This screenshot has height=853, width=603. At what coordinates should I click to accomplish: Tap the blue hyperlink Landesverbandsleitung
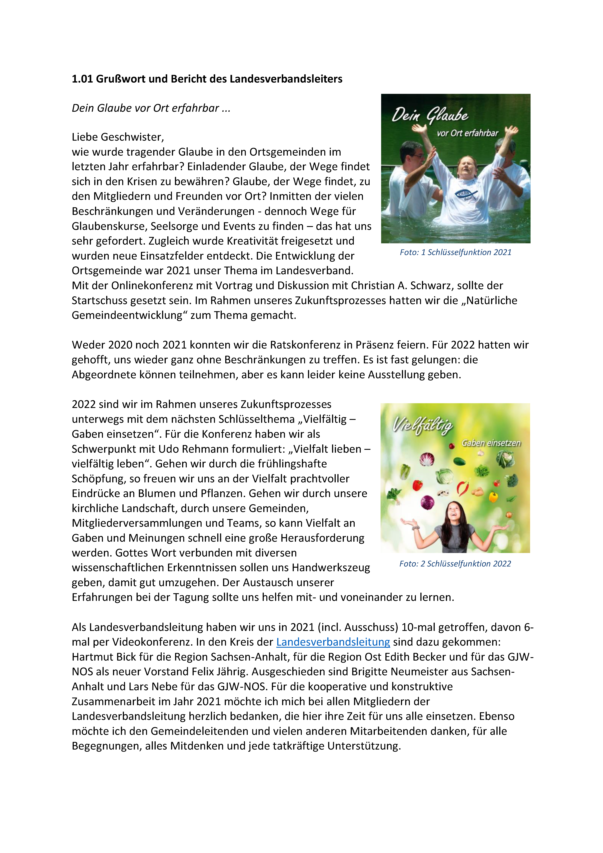point(333,642)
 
